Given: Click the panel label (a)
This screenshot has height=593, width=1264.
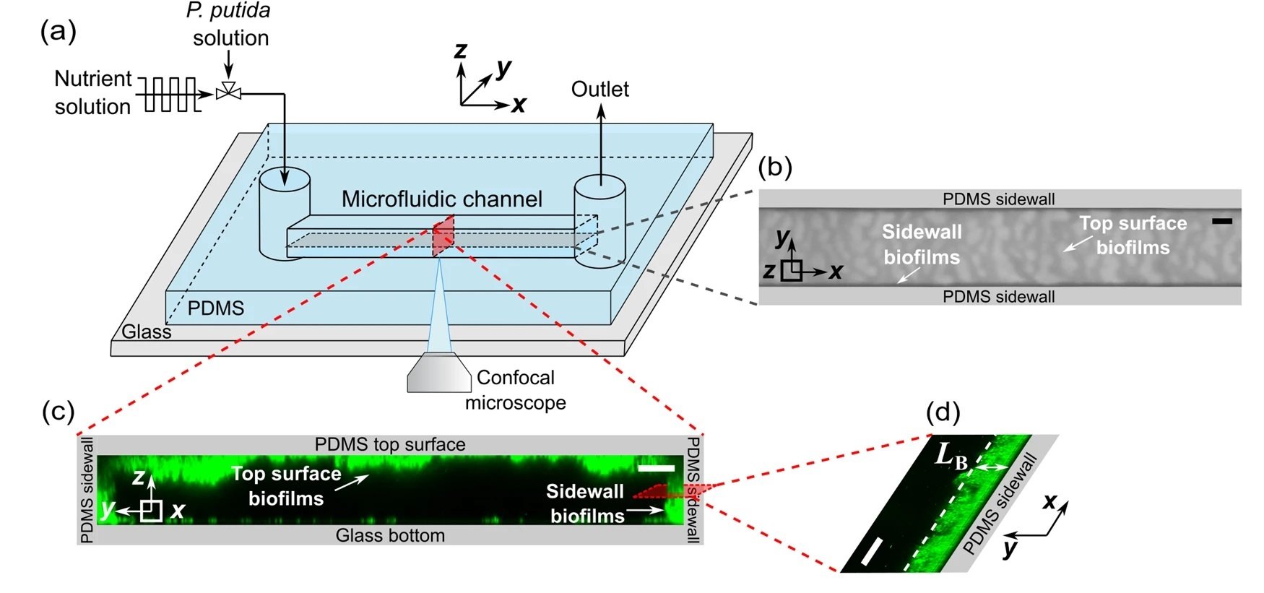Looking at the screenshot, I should pyautogui.click(x=59, y=32).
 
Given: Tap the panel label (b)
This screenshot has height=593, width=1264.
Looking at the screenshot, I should pyautogui.click(x=775, y=168).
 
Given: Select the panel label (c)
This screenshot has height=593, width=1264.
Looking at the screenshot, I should pyautogui.click(x=59, y=411).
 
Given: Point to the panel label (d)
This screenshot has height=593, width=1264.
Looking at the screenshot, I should pyautogui.click(x=943, y=412).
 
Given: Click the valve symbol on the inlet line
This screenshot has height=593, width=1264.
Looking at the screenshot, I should pyautogui.click(x=229, y=92).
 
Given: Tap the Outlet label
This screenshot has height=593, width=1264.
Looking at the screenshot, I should pyautogui.click(x=599, y=90).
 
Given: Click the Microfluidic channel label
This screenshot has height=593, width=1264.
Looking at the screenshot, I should pyautogui.click(x=441, y=199).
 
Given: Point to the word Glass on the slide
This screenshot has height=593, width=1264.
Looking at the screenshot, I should pyautogui.click(x=147, y=332).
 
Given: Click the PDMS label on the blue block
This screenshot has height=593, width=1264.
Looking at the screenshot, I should pyautogui.click(x=215, y=308).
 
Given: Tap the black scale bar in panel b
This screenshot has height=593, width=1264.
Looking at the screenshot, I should pyautogui.click(x=1221, y=220).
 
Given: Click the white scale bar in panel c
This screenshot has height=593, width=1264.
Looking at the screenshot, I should pyautogui.click(x=657, y=468).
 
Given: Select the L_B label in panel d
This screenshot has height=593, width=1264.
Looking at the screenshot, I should pyautogui.click(x=951, y=456).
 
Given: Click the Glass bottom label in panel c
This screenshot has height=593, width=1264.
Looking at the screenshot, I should pyautogui.click(x=390, y=535).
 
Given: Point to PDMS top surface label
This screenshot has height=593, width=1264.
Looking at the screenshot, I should pyautogui.click(x=390, y=444).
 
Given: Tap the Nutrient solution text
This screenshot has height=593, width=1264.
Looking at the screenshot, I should pyautogui.click(x=93, y=92).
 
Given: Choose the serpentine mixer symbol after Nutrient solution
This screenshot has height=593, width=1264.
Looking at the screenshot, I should pyautogui.click(x=171, y=94).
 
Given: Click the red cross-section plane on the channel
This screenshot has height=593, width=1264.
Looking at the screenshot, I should pyautogui.click(x=443, y=238).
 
